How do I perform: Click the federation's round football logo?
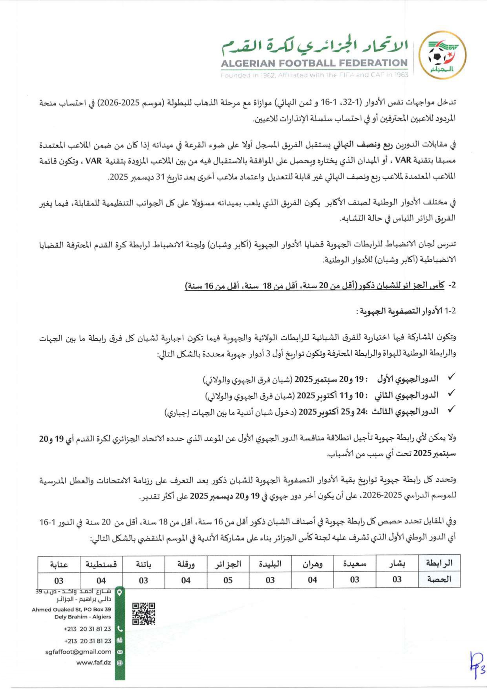(442, 55)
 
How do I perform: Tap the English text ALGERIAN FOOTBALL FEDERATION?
(314, 63)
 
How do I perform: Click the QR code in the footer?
(143, 614)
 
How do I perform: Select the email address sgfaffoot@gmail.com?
(78, 652)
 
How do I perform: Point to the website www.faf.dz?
(93, 663)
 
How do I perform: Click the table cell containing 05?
(228, 580)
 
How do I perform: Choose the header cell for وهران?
(312, 564)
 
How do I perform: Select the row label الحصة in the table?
(439, 579)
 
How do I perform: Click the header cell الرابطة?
(439, 563)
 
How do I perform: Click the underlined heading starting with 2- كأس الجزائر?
(320, 285)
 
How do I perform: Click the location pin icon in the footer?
(120, 592)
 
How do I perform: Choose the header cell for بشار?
(397, 564)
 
